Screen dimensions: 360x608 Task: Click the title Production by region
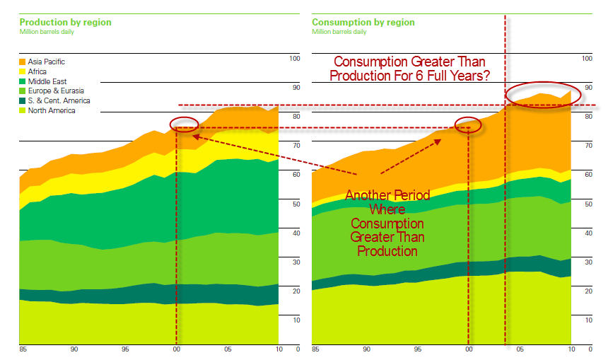point(65,23)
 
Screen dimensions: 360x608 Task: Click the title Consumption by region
point(363,23)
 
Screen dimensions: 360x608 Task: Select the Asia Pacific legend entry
point(47,62)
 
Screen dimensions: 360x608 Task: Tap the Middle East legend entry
point(47,82)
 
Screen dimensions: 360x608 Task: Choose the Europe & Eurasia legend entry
point(53,91)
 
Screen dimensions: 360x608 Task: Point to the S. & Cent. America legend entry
point(59,101)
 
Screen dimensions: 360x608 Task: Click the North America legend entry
point(52,111)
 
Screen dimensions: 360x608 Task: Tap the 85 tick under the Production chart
point(23,349)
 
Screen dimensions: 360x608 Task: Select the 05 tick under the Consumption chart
point(520,349)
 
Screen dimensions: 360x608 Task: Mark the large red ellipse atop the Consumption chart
point(543,93)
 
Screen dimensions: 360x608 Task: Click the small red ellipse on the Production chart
point(185,124)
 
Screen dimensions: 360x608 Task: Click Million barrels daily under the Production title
point(49,32)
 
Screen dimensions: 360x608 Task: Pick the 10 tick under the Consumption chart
point(571,349)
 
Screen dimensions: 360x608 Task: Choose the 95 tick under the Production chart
point(125,349)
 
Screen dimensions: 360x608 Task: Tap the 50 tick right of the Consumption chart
point(588,204)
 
